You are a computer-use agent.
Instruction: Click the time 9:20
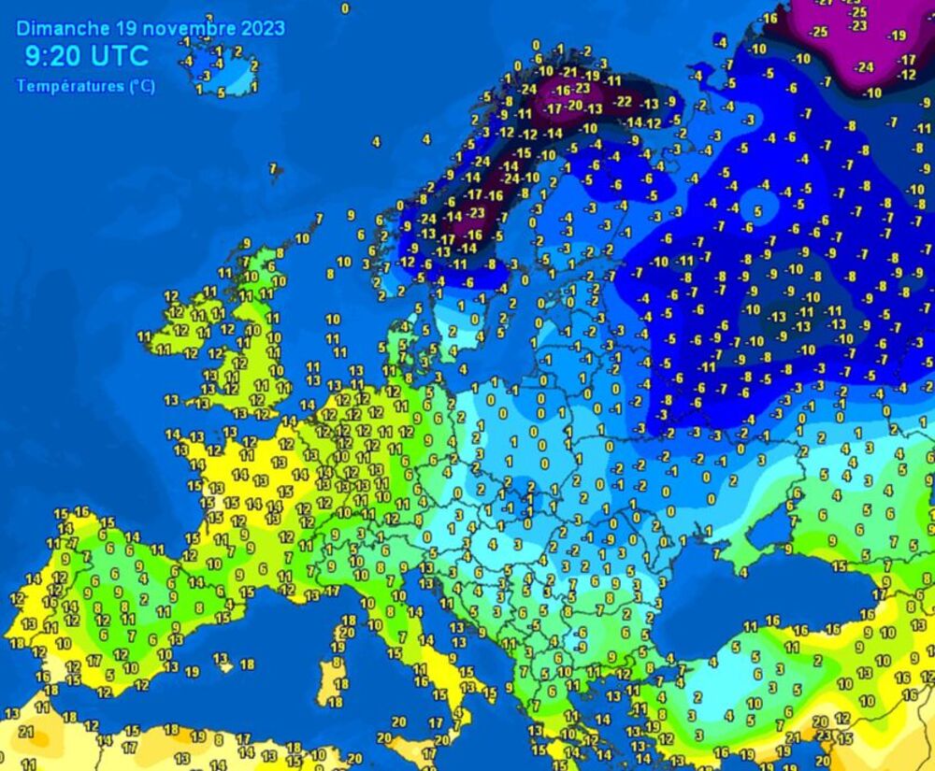46,56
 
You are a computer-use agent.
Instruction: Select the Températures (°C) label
86,86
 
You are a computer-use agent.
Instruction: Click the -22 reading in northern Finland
623,102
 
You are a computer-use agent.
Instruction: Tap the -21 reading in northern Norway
568,72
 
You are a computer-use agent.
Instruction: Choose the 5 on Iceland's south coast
221,92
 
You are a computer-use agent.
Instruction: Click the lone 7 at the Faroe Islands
273,169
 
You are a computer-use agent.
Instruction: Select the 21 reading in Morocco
26,732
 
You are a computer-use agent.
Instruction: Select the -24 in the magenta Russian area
865,66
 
